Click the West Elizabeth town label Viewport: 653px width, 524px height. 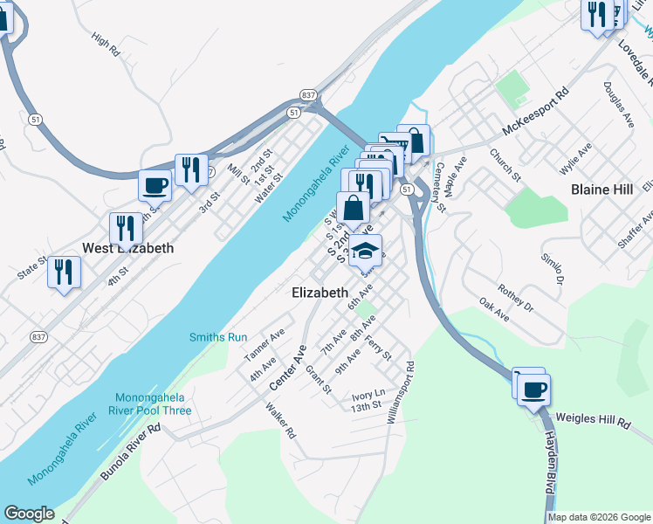click(x=127, y=248)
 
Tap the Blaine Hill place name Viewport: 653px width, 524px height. click(x=602, y=189)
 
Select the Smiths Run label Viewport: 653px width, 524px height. click(x=219, y=337)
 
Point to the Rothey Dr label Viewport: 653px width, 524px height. click(x=514, y=299)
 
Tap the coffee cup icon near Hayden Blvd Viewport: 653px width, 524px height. click(x=533, y=389)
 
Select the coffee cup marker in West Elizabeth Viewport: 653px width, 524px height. click(x=155, y=185)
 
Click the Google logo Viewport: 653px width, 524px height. click(x=29, y=514)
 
